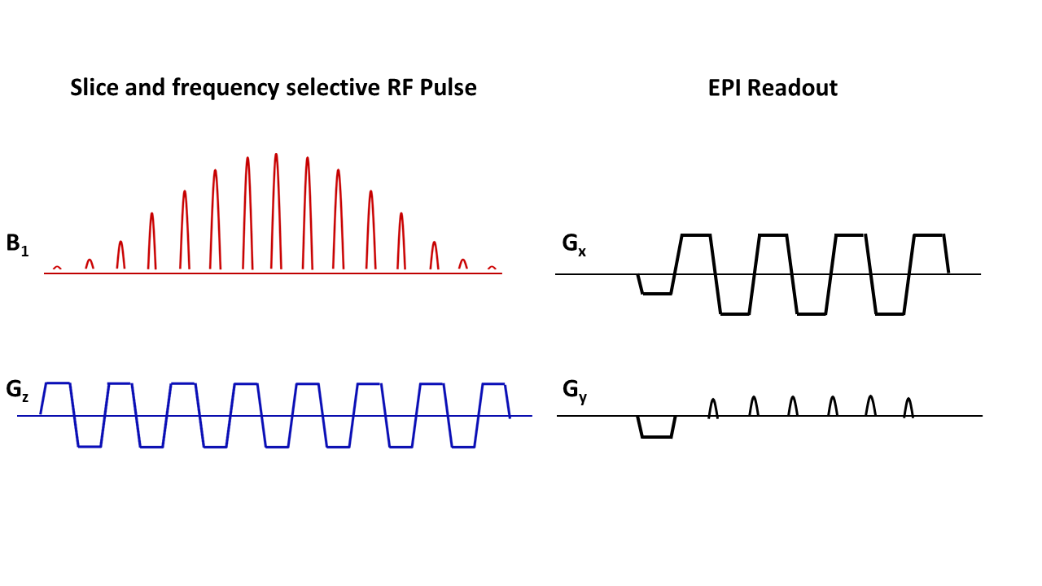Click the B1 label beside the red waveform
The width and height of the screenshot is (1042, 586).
17,246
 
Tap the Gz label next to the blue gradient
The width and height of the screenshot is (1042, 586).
16,389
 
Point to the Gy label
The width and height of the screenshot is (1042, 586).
575,390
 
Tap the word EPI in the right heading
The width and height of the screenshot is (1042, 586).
725,88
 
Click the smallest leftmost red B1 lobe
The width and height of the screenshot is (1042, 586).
57,267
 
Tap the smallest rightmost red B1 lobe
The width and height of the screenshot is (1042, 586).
492,267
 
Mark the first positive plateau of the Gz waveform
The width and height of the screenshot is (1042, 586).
58,383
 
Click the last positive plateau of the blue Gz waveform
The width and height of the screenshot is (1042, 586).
493,383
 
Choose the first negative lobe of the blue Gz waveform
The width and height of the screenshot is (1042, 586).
90,445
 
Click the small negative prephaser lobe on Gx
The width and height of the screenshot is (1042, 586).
657,292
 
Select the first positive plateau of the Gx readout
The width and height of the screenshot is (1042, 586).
696,235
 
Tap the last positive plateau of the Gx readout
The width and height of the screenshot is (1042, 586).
929,235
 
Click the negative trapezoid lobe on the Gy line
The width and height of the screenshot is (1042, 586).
657,435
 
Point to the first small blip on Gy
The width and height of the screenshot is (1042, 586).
713,408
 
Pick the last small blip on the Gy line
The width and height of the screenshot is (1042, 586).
909,407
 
